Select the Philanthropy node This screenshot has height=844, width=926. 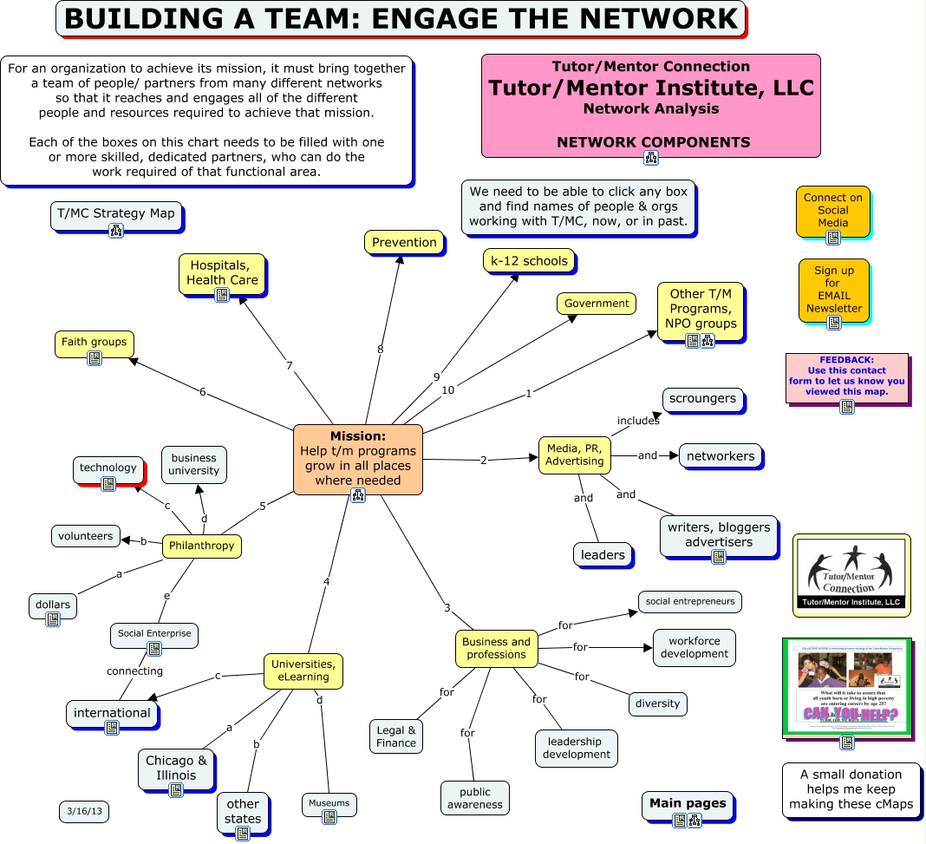click(202, 546)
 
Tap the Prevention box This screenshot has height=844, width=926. click(404, 242)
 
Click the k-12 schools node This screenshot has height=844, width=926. click(529, 260)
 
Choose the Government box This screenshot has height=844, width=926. click(596, 304)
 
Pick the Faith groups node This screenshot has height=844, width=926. click(94, 342)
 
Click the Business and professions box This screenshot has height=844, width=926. click(496, 648)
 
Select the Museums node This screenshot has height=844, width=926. click(329, 803)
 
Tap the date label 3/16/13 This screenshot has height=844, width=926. click(84, 812)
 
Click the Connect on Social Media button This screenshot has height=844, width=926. click(832, 210)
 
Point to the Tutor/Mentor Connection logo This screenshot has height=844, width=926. click(851, 573)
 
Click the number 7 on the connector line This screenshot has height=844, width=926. click(290, 366)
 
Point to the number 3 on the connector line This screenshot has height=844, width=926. click(447, 608)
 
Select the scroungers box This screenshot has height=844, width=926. click(702, 399)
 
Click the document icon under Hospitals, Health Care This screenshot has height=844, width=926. click(222, 295)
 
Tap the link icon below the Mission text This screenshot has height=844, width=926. click(357, 495)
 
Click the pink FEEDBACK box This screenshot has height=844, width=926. click(846, 376)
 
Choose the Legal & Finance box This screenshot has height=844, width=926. click(396, 736)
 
